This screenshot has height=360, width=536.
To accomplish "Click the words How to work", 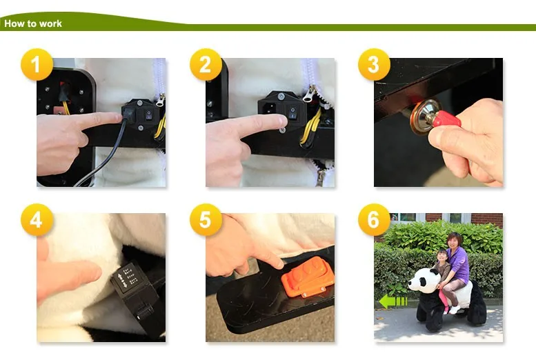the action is click(33, 23).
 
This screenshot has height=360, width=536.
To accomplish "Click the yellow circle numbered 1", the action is click(37, 65).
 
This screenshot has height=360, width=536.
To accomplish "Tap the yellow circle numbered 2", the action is click(206, 65).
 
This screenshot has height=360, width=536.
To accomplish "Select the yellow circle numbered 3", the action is click(374, 65).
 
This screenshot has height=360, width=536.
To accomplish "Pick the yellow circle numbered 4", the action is click(37, 220).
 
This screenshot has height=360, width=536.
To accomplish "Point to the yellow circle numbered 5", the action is click(206, 220).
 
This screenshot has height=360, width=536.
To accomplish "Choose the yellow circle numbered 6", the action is click(374, 220).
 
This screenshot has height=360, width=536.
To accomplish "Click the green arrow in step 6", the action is click(393, 301).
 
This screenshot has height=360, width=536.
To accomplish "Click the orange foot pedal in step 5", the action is click(308, 277).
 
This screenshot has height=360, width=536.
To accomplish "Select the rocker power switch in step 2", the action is click(292, 112).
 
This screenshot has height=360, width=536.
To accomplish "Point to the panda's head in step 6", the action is click(423, 280).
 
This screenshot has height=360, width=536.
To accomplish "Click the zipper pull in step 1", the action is click(159, 100).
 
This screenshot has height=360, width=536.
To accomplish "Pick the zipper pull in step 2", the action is click(308, 94).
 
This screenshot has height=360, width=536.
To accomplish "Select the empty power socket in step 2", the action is click(270, 108).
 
